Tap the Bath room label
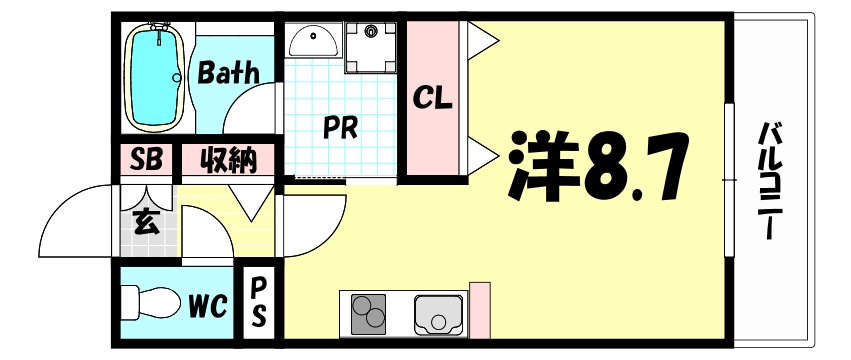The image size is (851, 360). coord(228,72)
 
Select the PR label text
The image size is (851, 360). coord(341,128)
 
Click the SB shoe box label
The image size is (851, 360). coord(145,160)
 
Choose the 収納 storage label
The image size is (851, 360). coord(228,160)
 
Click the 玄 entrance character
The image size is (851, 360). coord(146,222)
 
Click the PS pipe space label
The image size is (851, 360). coord(257,301)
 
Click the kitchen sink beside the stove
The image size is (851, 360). coord(438,315)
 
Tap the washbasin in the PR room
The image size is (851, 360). coord(315,41)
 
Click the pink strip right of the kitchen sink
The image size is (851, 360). coord(480,311)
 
